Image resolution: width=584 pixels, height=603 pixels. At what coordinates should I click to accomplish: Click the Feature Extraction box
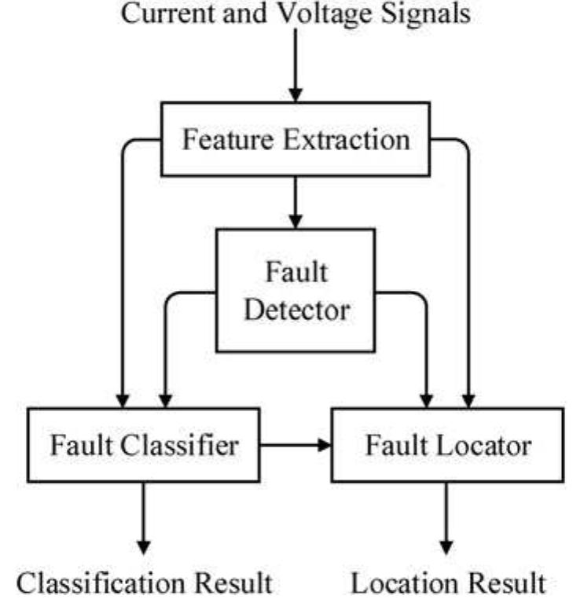(296, 139)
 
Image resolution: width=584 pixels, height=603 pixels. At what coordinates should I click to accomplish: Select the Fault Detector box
(296, 290)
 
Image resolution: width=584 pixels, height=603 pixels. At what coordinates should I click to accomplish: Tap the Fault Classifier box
(144, 445)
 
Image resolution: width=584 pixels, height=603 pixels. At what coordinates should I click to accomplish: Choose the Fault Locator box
(447, 445)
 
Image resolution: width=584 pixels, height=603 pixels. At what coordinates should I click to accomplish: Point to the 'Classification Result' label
(145, 583)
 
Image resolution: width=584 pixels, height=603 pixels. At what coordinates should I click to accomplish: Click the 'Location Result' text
(447, 583)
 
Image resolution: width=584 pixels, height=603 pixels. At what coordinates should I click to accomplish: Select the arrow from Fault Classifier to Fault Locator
(296, 446)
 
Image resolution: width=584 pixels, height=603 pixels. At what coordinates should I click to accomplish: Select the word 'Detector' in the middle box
(296, 309)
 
